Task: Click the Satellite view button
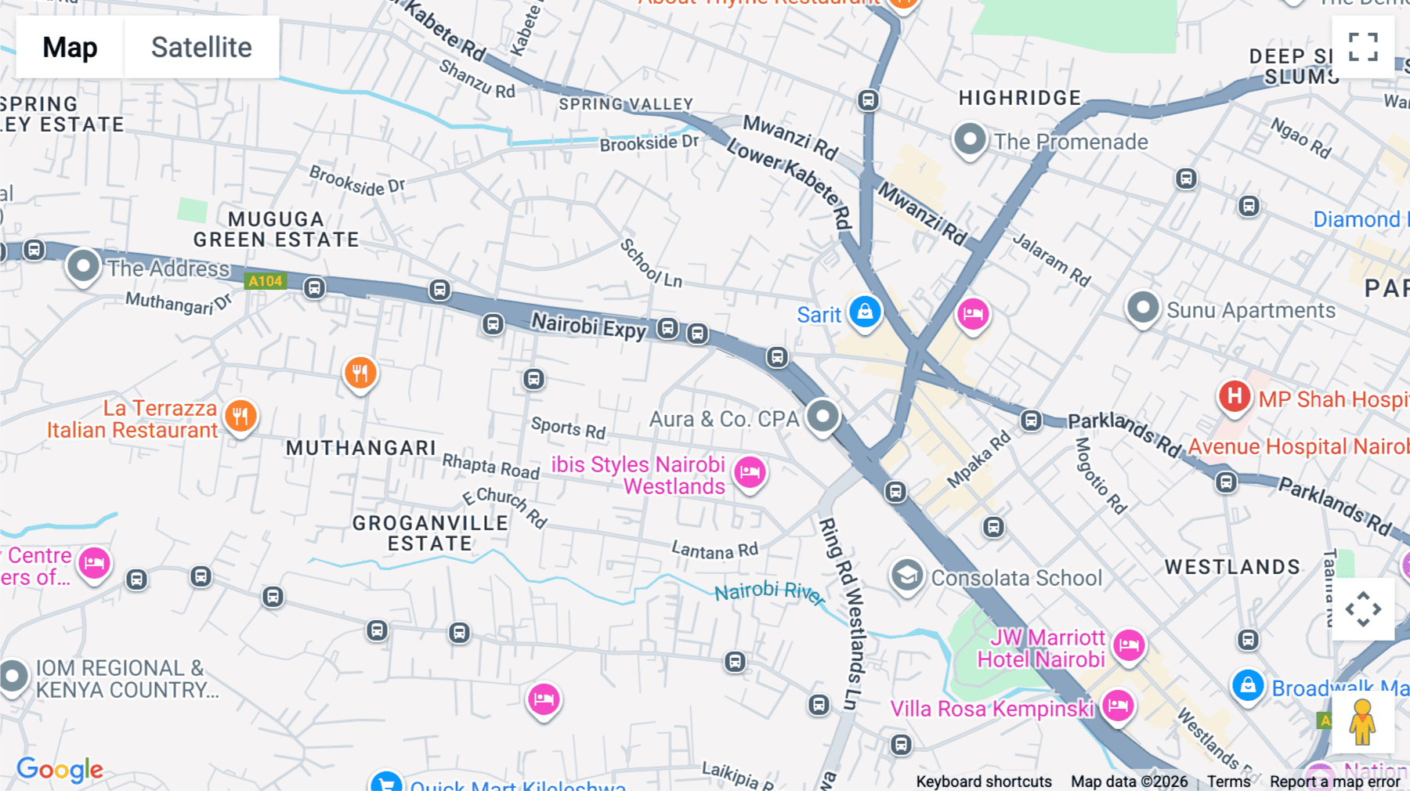coord(201,47)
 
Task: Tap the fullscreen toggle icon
coord(1363,47)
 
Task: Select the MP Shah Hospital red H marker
coord(1234,396)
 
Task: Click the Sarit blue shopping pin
coord(865,312)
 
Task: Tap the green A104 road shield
coord(266,281)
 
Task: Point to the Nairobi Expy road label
coord(588,326)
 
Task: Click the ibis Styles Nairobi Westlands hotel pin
coord(750,472)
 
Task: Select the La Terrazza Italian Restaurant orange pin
coord(240,417)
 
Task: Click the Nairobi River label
coord(769,592)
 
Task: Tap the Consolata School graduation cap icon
coord(907,576)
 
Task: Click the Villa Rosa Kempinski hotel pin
coord(1118,706)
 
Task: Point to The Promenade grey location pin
coord(969,140)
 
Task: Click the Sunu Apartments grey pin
coord(1142,308)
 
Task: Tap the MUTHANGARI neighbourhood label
coord(360,448)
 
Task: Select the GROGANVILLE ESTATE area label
coord(430,533)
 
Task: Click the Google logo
coord(60,769)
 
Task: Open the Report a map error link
coord(1334,782)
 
